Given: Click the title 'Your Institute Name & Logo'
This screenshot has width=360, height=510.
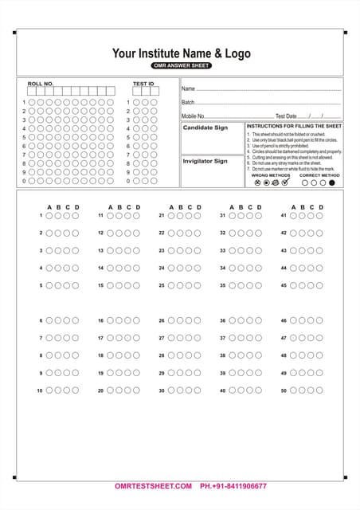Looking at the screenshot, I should pyautogui.click(x=181, y=53).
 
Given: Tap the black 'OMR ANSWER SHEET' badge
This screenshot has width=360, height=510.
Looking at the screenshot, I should pyautogui.click(x=181, y=65).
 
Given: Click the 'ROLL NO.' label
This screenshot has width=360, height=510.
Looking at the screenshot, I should pyautogui.click(x=41, y=83).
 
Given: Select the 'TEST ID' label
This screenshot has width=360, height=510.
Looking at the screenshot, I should pyautogui.click(x=143, y=83).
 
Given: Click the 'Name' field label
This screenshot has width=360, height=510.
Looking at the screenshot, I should pyautogui.click(x=188, y=88).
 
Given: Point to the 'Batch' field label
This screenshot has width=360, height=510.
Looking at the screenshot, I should pyautogui.click(x=188, y=102).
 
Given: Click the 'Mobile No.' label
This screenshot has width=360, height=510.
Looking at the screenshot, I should pyautogui.click(x=194, y=116).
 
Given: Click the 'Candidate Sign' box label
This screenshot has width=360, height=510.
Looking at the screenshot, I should pyautogui.click(x=205, y=127).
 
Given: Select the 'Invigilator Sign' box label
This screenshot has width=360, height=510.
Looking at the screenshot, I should pyautogui.click(x=205, y=161).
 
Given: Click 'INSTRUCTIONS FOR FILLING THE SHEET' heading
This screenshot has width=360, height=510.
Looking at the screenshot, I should pyautogui.click(x=294, y=126).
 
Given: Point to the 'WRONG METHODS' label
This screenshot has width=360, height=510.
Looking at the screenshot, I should pyautogui.click(x=271, y=175).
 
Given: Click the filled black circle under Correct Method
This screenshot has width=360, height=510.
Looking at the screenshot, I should pyautogui.click(x=332, y=182).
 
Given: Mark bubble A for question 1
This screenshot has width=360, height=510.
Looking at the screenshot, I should pyautogui.click(x=49, y=215).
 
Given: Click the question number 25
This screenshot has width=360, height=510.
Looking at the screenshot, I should pyautogui.click(x=162, y=285).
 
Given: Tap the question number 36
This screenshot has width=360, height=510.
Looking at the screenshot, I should pyautogui.click(x=223, y=320).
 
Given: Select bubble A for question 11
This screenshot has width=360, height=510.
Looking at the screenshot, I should pyautogui.click(x=111, y=215).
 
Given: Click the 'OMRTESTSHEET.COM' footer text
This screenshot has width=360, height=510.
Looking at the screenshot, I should pyautogui.click(x=153, y=486).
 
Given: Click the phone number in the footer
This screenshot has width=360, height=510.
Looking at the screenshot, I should pyautogui.click(x=233, y=486).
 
